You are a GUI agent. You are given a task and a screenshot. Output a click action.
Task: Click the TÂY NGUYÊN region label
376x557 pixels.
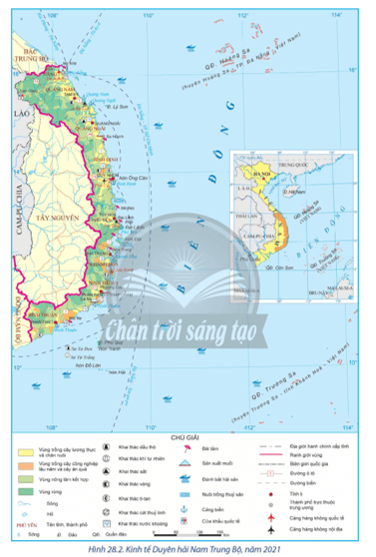click(x=56, y=214)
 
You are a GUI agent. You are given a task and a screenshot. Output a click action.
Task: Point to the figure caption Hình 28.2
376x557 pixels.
click(x=188, y=550)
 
